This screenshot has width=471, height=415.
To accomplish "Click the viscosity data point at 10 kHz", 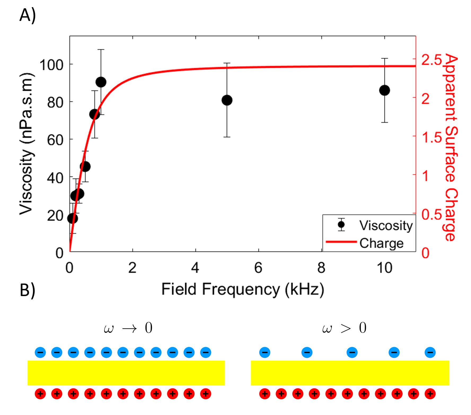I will pyautogui.click(x=384, y=90).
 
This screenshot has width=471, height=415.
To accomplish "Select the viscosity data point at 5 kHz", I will pyautogui.click(x=227, y=100).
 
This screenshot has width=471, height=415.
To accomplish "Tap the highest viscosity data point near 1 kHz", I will pyautogui.click(x=101, y=82).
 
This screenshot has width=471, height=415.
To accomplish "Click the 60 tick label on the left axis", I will pyautogui.click(x=55, y=140).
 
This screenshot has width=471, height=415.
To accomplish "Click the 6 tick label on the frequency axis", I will pyautogui.click(x=258, y=268).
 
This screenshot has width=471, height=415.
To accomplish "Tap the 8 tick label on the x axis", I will pyautogui.click(x=321, y=268).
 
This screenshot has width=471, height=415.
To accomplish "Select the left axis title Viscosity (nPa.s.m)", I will pyautogui.click(x=27, y=143).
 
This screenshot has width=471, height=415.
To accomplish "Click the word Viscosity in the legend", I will pyautogui.click(x=386, y=225).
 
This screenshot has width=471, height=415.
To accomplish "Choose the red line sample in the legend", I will pyautogui.click(x=341, y=242).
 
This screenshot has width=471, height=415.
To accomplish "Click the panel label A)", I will pyautogui.click(x=28, y=15).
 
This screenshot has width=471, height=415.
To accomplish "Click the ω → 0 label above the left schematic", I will pyautogui.click(x=128, y=328).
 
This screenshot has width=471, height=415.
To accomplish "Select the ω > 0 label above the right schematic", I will pyautogui.click(x=344, y=328).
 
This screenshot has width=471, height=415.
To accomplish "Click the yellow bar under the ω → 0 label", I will pyautogui.click(x=126, y=373).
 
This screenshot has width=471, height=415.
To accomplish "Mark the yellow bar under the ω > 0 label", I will pyautogui.click(x=350, y=373).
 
